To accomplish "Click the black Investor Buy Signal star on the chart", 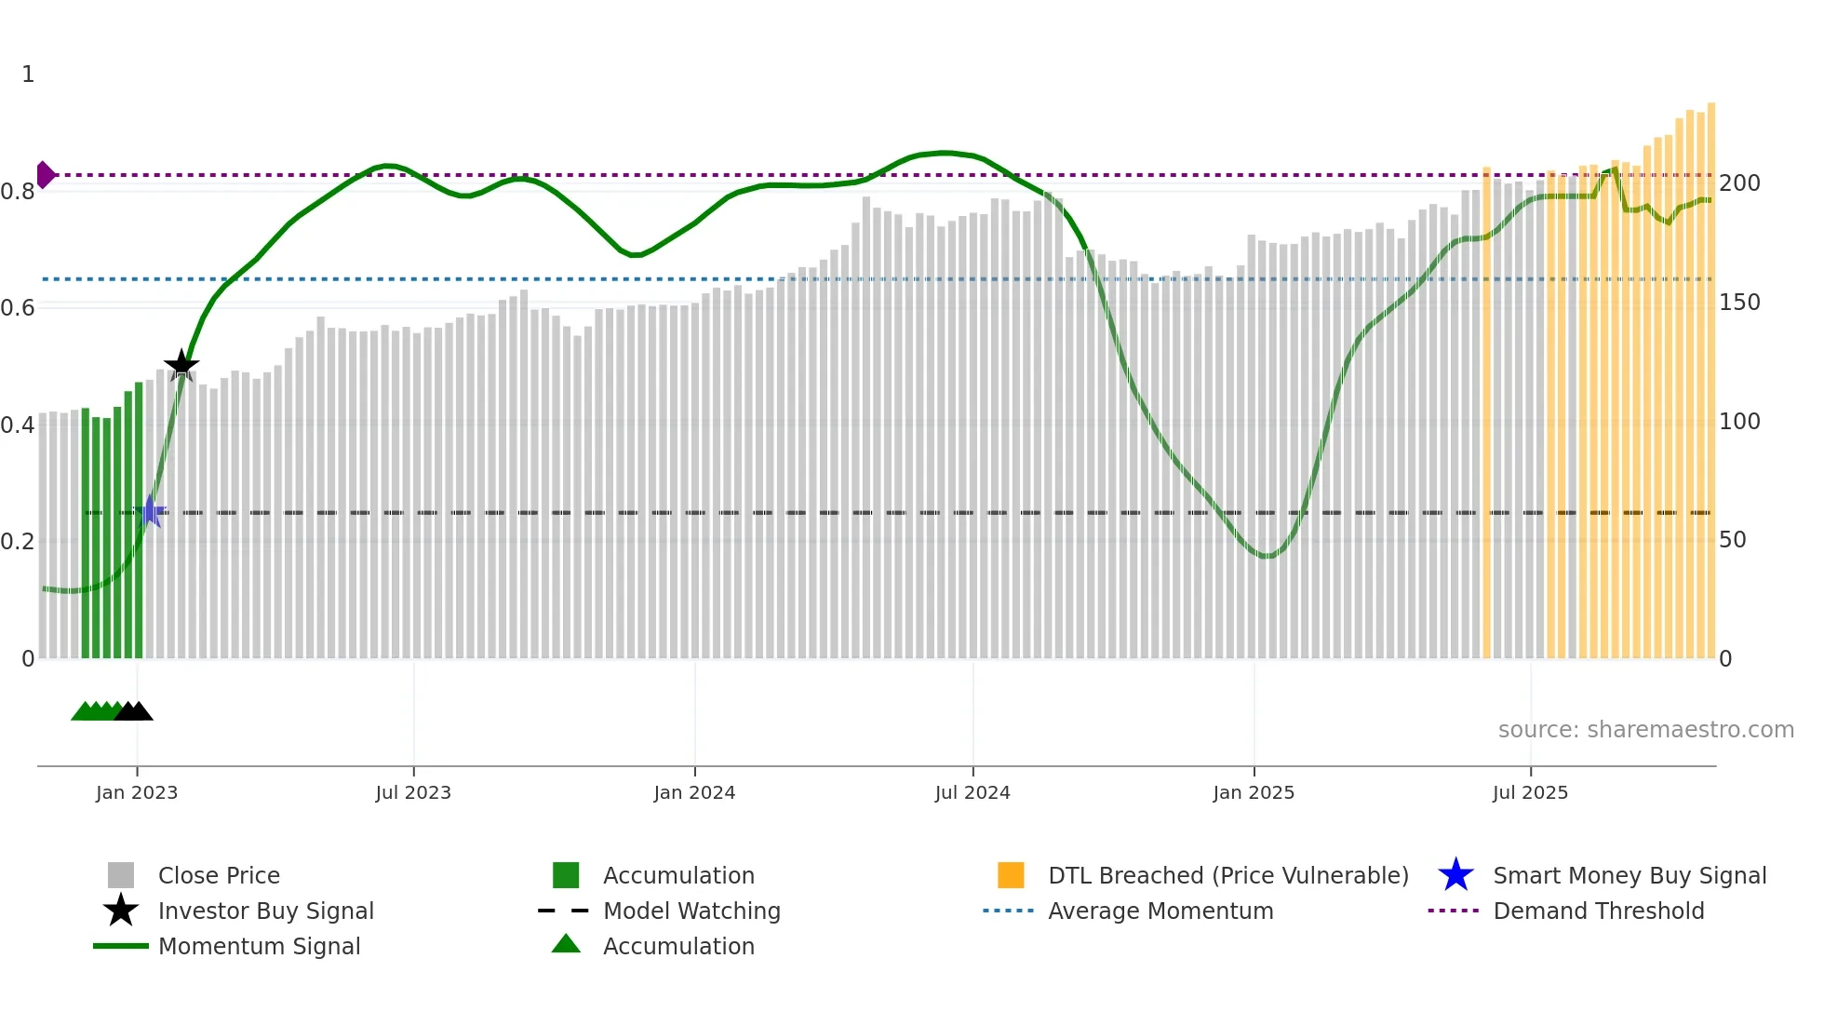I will click(x=181, y=365).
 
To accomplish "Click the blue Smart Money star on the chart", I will click(x=151, y=511).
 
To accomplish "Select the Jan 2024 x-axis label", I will click(x=694, y=792).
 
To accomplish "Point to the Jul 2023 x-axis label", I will click(x=413, y=792).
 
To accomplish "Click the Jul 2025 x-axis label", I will click(x=1530, y=792).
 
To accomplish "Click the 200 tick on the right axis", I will click(x=1738, y=183).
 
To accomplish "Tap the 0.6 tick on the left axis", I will click(x=18, y=308).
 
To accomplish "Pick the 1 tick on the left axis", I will click(x=28, y=74).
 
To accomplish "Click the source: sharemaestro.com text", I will click(x=1645, y=730).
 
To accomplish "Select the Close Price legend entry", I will click(x=218, y=875).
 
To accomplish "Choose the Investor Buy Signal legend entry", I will click(x=265, y=911).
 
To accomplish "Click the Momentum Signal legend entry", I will click(x=259, y=946).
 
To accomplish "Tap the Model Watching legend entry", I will click(x=691, y=911).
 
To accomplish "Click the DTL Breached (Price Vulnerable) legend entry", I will click(x=1227, y=875).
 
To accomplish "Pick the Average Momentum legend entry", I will click(x=1160, y=911).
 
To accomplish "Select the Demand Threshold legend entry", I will click(x=1598, y=911).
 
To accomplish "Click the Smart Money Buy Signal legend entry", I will click(x=1629, y=875).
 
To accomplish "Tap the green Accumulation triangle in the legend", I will click(x=566, y=944).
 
